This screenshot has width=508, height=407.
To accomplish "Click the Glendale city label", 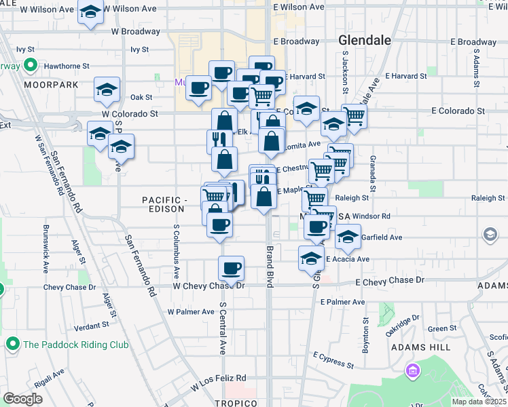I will (x=365, y=41).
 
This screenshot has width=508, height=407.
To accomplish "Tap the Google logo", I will (x=22, y=399).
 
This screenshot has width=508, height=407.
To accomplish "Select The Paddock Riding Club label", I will (x=75, y=345).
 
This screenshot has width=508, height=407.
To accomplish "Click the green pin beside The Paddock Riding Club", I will (x=12, y=345).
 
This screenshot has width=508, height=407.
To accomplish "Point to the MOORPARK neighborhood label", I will (x=46, y=85).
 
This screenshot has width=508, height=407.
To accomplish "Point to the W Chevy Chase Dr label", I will (x=208, y=286).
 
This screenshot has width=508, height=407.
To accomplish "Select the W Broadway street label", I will (x=135, y=31).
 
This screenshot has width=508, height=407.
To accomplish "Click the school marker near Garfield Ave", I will (x=348, y=237).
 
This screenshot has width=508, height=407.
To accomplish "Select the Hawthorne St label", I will (x=67, y=66).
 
